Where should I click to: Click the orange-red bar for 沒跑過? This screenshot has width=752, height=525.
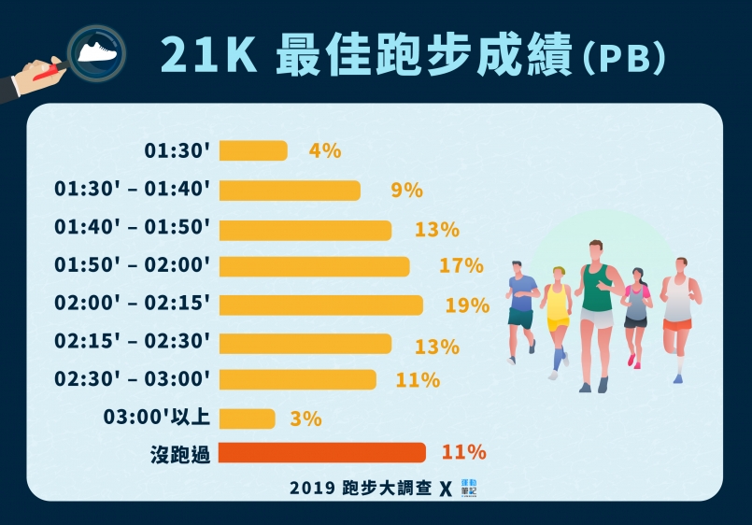(x=321, y=453)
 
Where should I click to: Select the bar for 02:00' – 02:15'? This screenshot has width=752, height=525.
(x=320, y=305)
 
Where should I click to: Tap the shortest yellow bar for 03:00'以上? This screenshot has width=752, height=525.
(x=247, y=419)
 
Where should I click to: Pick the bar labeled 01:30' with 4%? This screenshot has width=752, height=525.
(x=252, y=150)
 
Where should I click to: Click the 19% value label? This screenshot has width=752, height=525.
(x=467, y=305)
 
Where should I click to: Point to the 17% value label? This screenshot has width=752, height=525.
(x=461, y=266)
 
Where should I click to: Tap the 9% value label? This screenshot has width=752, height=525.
(x=406, y=191)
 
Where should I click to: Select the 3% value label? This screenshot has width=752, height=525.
(x=305, y=419)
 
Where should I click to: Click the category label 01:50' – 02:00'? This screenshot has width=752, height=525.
(x=133, y=266)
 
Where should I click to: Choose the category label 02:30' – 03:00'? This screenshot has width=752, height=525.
(x=133, y=380)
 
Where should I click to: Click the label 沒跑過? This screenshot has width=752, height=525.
(x=179, y=454)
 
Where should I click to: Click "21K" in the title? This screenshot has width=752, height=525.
(x=207, y=56)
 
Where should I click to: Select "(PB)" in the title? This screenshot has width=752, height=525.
(x=623, y=58)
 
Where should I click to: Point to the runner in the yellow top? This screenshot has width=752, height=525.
(x=558, y=318)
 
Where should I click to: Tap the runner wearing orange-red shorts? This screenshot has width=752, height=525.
(x=678, y=313)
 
